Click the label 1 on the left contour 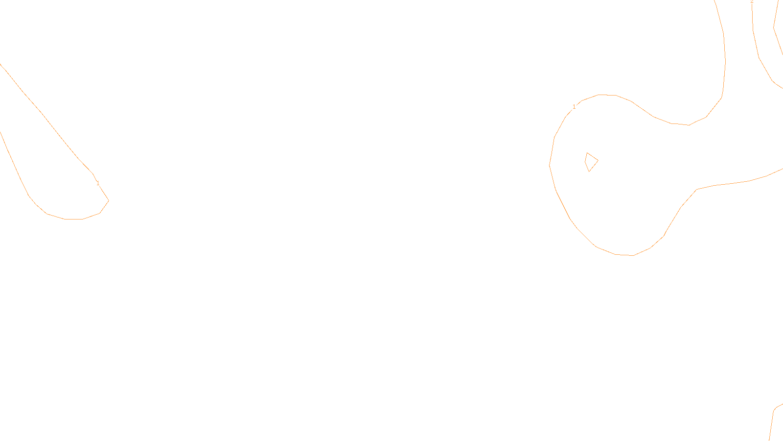coord(98,183)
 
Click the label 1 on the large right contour coord(574,107)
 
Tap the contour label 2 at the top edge coord(752,2)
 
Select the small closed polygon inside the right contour coord(591,162)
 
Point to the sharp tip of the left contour coord(108,200)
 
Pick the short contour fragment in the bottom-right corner coord(773,421)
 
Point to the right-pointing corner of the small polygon coord(598,161)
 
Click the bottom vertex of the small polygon coord(589,171)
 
